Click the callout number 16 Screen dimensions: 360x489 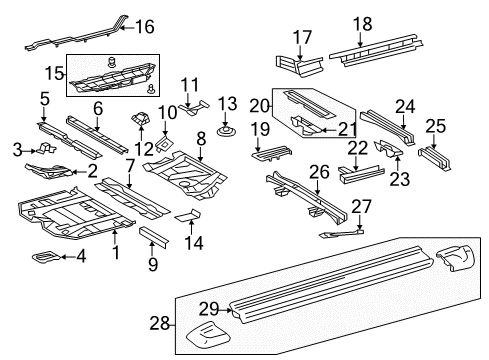(x=146, y=26)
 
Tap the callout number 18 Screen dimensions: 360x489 (x=361, y=24)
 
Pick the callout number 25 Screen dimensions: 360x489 (x=435, y=125)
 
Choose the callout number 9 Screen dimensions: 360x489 (x=153, y=264)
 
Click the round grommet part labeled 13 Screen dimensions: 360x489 (x=227, y=128)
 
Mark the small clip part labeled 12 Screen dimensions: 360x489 (x=140, y=122)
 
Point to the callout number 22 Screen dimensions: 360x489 (x=359, y=147)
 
